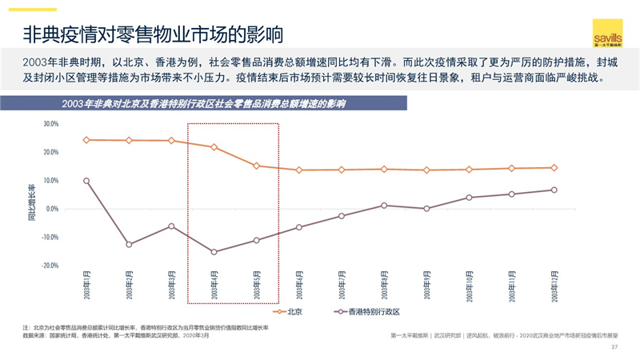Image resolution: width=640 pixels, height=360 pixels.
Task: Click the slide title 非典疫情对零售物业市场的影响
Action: pyautogui.click(x=152, y=34)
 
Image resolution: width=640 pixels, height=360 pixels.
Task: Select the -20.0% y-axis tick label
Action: pyautogui.click(x=50, y=266)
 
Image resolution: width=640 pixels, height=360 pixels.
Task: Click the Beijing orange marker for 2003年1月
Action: pyautogui.click(x=86, y=140)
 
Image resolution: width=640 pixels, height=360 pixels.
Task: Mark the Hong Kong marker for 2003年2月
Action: pyautogui.click(x=129, y=244)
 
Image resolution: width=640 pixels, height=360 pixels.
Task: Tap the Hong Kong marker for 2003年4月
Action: pyautogui.click(x=214, y=252)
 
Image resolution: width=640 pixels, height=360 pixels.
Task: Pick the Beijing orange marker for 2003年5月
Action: pyautogui.click(x=257, y=166)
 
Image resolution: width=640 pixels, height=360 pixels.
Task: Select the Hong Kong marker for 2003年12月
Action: pyautogui.click(x=554, y=190)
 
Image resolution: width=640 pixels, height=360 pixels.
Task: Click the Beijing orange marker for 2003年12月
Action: pyautogui.click(x=554, y=168)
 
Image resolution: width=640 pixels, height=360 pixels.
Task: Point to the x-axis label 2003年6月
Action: pyautogui.click(x=299, y=285)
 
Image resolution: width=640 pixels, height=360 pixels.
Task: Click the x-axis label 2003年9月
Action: pyautogui.click(x=427, y=285)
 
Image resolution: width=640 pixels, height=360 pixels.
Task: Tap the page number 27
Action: pyautogui.click(x=614, y=347)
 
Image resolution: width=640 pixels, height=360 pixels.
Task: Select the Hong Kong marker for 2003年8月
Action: pyautogui.click(x=384, y=206)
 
